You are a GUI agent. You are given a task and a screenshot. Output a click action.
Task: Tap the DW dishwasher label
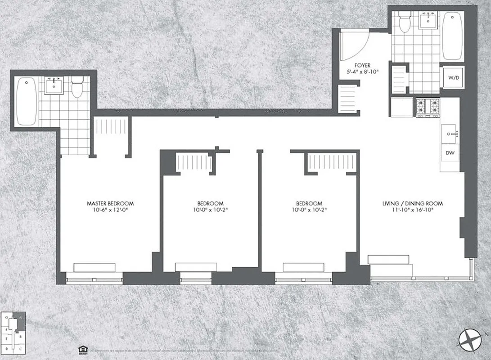pos(450,153)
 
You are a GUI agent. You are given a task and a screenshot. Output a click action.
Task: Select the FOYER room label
pos(362,65)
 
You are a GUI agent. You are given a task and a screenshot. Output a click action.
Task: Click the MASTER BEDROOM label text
pos(110,203)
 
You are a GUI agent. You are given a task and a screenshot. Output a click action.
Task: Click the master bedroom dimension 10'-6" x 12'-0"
pos(110,210)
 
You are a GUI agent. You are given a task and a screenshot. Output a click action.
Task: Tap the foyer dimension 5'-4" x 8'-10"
pos(362,72)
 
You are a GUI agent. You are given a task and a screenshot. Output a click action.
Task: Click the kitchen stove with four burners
pos(427,107)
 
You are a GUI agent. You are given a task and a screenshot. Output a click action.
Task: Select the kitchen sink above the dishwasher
pos(450,133)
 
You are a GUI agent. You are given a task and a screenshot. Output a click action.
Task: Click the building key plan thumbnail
pos(14,332)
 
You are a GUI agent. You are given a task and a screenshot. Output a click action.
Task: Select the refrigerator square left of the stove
pos(402,108)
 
